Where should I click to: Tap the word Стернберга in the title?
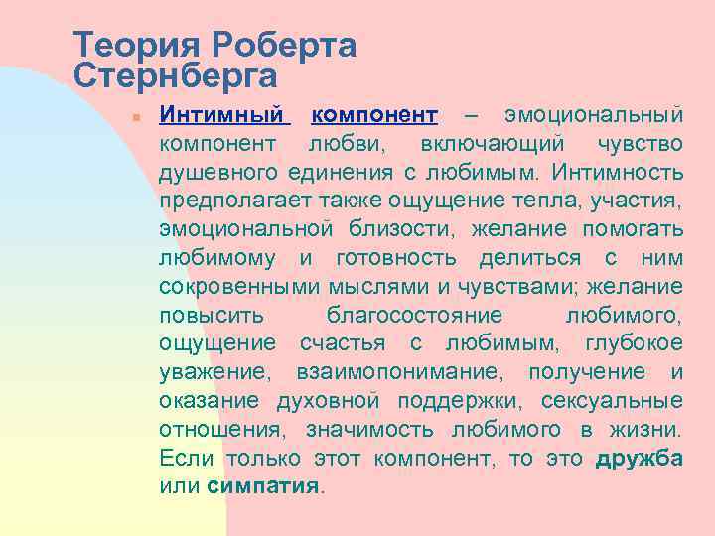[x=175, y=73]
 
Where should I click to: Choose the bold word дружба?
[x=639, y=459]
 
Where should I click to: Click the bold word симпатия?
[x=264, y=487]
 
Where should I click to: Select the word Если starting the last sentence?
[x=184, y=459]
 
